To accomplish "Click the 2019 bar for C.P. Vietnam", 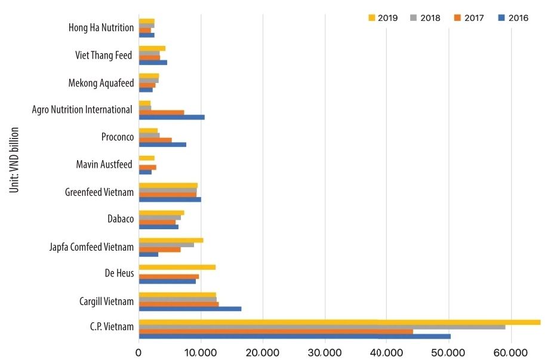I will point(339,322).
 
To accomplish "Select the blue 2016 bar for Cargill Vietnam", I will point(190,309).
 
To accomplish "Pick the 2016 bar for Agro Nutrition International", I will point(171,117).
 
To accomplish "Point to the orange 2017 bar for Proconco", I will point(155,140).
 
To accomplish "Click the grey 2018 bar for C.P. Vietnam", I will point(322,327).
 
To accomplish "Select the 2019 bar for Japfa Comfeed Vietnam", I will point(171,240).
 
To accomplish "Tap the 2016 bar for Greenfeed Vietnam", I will point(170,199).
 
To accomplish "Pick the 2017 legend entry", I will point(471,18).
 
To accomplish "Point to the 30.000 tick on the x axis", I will point(325,353).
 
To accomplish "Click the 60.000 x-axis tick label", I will point(512,353).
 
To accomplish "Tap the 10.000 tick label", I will point(201,353).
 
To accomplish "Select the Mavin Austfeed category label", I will point(104,164).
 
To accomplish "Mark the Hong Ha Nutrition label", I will point(101,28).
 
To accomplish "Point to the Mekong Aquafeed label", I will point(101,83).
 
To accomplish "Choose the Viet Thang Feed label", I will point(103,56).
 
